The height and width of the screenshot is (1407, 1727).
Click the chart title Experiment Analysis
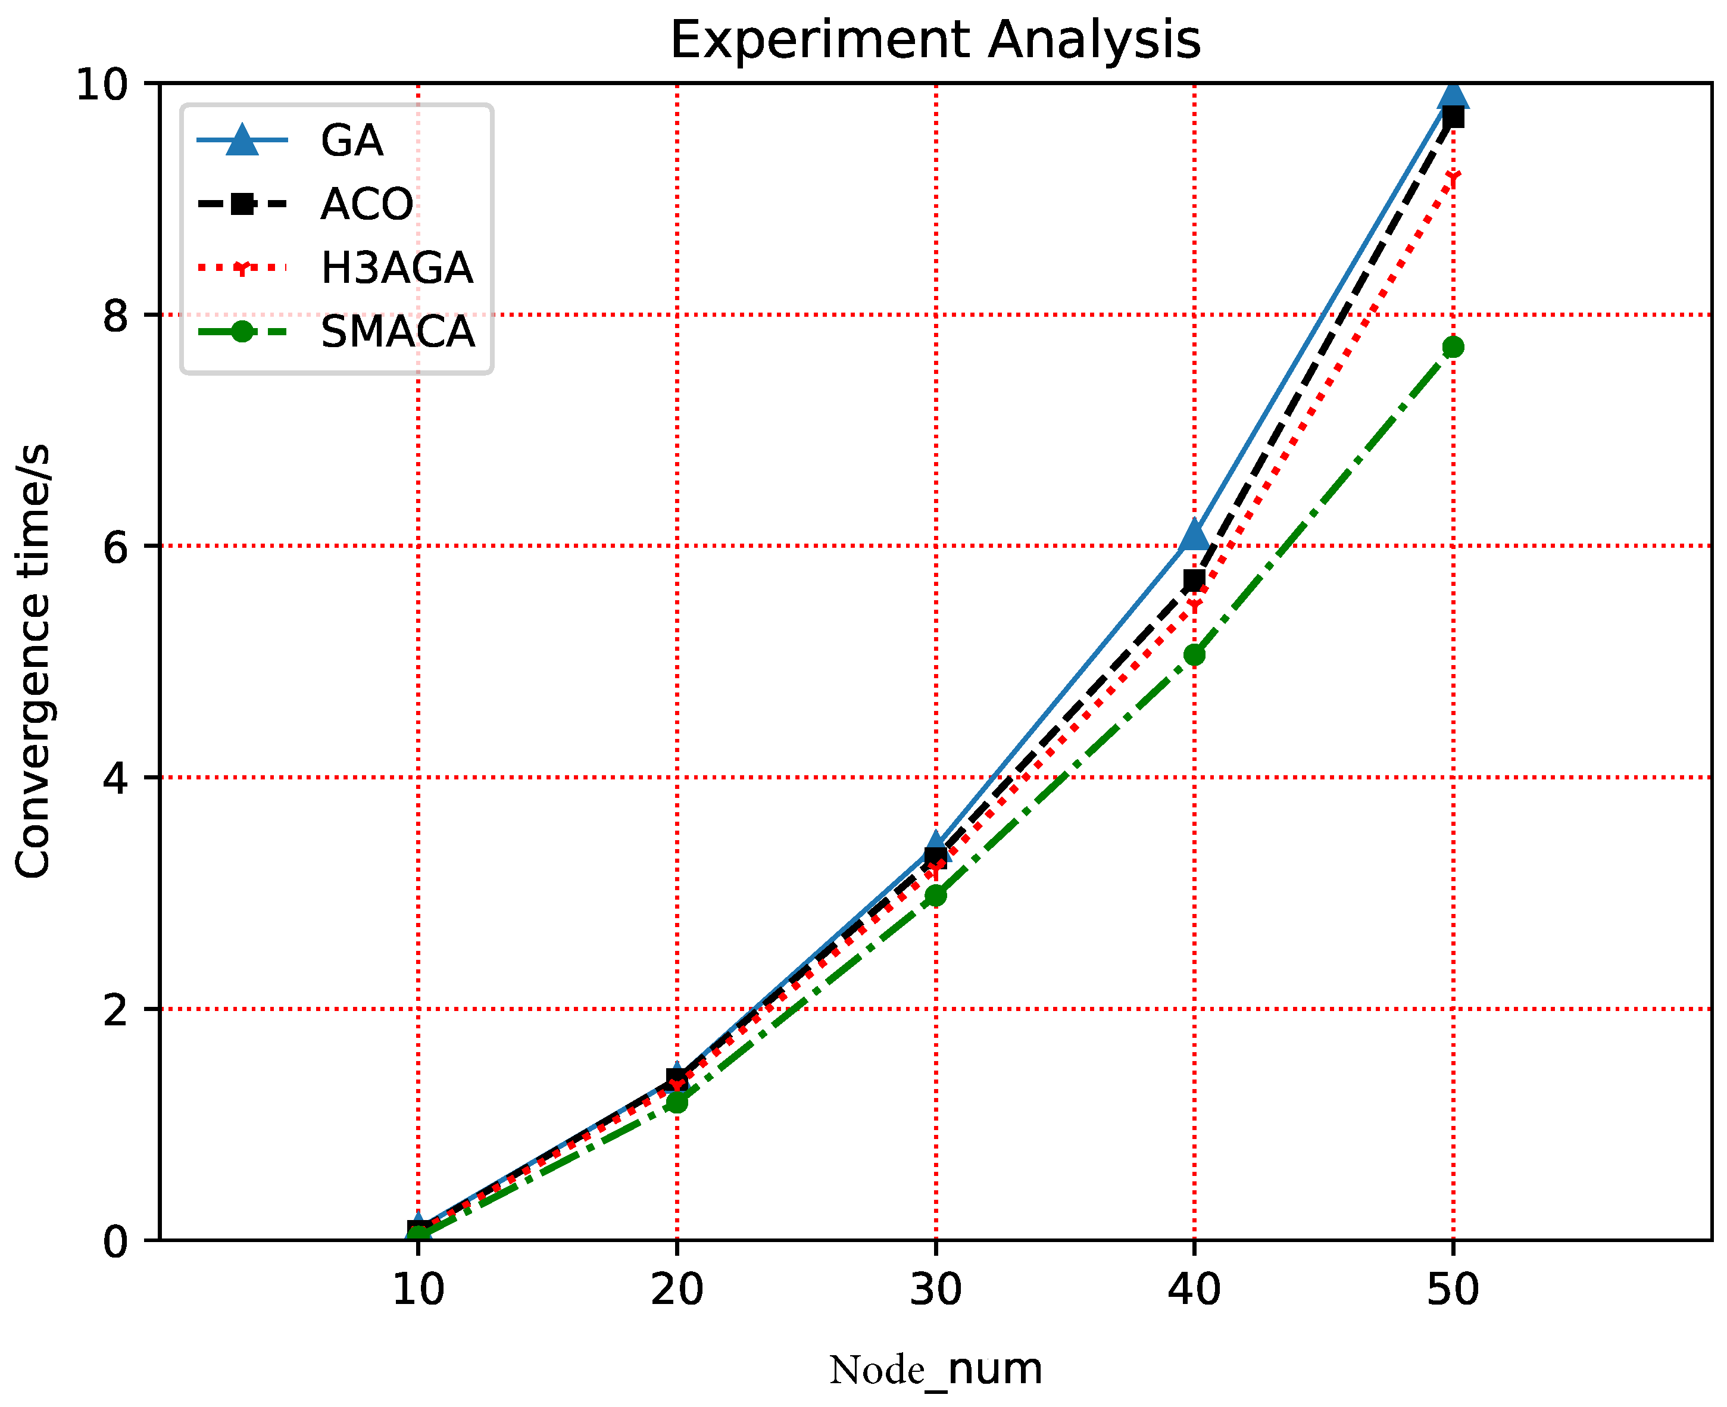[x=935, y=40]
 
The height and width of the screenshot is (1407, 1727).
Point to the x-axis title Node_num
[x=935, y=1369]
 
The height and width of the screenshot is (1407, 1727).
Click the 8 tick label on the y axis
[x=116, y=315]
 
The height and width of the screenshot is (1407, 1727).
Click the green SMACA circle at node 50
[x=1453, y=347]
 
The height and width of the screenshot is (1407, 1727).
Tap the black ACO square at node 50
[x=1453, y=117]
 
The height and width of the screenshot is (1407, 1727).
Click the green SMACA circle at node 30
[x=935, y=896]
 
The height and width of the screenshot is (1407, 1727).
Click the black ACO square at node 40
[x=1194, y=581]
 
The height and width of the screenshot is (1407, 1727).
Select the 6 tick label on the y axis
[x=116, y=546]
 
